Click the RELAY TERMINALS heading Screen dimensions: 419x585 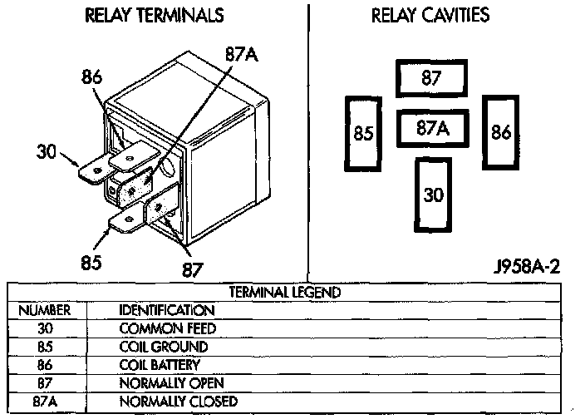pos(155,15)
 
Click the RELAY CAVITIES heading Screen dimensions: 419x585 pos(441,15)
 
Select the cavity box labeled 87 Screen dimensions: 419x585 pos(430,80)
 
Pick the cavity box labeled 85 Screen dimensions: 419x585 pos(362,133)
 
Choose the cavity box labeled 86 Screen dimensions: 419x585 pos(500,132)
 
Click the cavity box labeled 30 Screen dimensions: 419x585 pos(433,195)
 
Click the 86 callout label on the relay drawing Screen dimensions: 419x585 pos(91,78)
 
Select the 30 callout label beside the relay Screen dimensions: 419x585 pos(47,151)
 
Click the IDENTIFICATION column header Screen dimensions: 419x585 pos(168,310)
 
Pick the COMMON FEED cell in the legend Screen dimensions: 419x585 pos(168,328)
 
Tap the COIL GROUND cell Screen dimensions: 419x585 pos(163,347)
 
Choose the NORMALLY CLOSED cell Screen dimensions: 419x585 pos(178,402)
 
